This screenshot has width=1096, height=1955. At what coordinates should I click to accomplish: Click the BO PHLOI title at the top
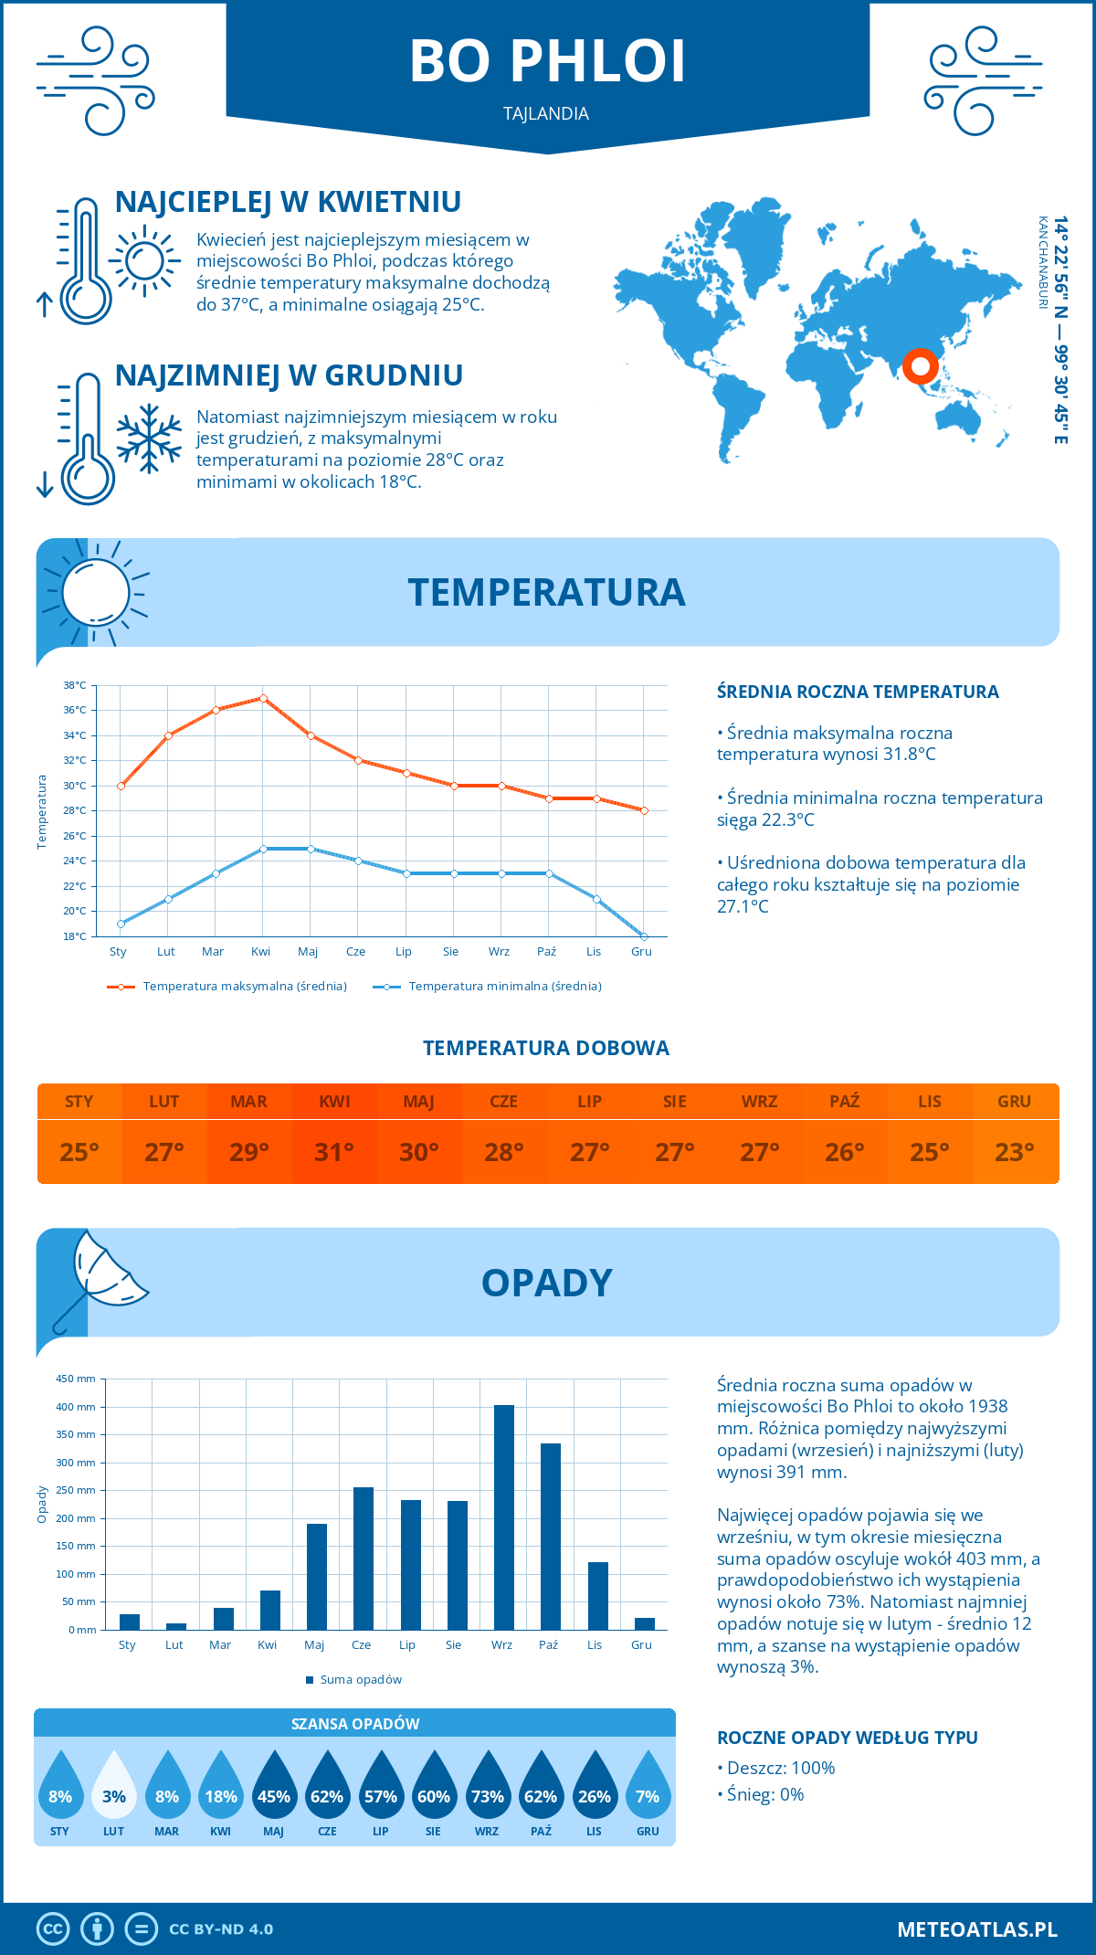[x=547, y=62]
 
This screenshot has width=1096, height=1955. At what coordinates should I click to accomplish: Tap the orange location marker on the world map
[x=921, y=366]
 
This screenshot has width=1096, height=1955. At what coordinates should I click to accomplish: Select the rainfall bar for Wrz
[x=503, y=1516]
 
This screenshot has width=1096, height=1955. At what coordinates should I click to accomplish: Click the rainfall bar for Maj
[x=316, y=1576]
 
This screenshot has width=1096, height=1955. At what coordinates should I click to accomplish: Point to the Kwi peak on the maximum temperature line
[x=263, y=698]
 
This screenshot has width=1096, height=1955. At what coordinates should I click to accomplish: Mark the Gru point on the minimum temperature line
[x=644, y=936]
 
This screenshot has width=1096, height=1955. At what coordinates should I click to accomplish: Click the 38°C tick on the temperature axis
[x=75, y=685]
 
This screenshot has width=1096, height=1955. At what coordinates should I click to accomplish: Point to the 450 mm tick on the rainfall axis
[x=77, y=1379]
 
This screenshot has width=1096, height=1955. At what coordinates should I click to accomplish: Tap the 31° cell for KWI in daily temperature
[x=334, y=1152]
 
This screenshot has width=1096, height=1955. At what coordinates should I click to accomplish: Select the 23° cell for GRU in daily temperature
[x=1014, y=1152]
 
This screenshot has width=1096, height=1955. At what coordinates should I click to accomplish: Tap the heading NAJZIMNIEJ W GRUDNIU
[x=289, y=375]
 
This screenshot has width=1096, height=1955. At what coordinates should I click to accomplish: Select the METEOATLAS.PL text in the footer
[x=976, y=1929]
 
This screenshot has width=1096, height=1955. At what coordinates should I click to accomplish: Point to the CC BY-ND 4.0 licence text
[x=221, y=1929]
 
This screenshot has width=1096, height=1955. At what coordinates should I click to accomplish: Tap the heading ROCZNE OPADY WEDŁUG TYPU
[x=847, y=1738]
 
